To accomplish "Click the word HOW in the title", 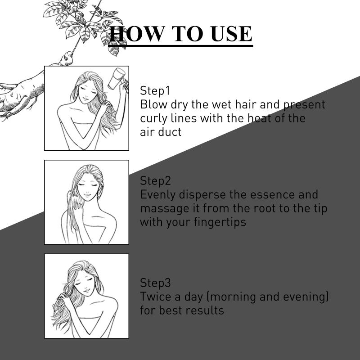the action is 137,34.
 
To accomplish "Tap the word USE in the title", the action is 231,34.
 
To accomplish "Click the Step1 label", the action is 155,90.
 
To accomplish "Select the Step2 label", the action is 155,181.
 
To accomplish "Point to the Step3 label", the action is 155,283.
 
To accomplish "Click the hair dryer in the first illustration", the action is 117,78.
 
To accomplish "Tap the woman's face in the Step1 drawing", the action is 87,92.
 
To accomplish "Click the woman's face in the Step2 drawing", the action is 88,188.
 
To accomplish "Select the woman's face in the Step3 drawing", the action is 85,285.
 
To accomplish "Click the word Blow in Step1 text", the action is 153,104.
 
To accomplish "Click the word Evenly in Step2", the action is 158,195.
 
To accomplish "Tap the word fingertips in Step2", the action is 220,222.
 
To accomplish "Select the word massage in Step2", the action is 165,209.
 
